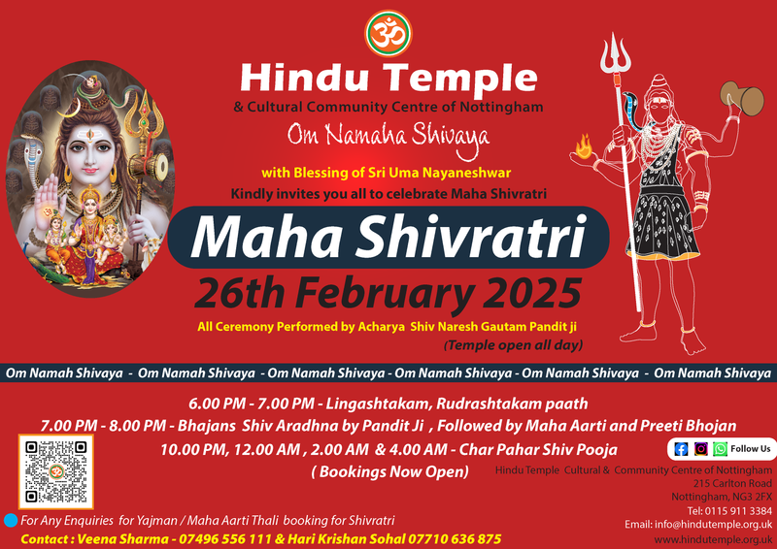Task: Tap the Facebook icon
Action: click(x=680, y=449)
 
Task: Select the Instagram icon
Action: click(x=700, y=449)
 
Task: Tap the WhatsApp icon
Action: click(x=720, y=449)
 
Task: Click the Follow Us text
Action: click(x=751, y=449)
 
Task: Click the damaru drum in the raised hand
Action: click(x=741, y=98)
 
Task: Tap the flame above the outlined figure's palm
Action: click(x=585, y=147)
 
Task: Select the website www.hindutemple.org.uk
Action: click(x=720, y=539)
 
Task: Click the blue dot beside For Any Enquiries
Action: click(x=10, y=521)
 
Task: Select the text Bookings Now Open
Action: click(x=389, y=471)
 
